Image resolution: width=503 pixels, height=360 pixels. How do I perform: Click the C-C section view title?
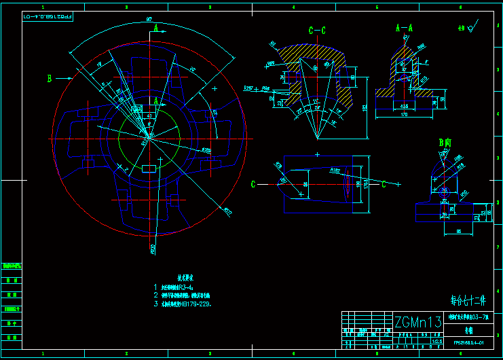pos(317,31)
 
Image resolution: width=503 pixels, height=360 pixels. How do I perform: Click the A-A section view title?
pos(405,29)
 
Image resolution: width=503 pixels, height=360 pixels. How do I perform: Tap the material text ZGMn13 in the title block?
pos(418,321)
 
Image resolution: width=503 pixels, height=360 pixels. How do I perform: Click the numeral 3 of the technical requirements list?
pos(155,304)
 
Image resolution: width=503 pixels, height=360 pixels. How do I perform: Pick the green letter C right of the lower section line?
pos(384,184)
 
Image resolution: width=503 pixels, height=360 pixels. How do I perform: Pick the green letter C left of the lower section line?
pos(253,184)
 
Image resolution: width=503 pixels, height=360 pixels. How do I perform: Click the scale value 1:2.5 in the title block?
pos(428,340)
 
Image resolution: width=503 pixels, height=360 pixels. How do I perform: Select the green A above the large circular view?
pos(155,29)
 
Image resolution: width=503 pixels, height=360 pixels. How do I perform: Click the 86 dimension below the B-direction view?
pos(459,232)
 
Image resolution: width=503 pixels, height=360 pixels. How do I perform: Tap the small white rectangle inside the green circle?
pos(149,168)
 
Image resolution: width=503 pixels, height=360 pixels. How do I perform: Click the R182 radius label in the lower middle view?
pos(335,170)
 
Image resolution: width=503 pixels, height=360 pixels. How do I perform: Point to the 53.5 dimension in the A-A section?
pos(405,106)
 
